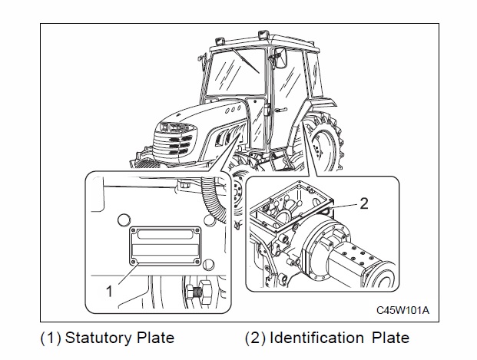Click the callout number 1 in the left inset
coord(109,291)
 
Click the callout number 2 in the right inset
coord(364,203)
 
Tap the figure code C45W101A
coord(402,310)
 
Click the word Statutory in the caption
coord(98,338)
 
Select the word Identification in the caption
coord(316,338)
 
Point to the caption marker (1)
coord(51,338)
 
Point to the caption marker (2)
coord(255,338)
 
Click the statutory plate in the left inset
coord(165,246)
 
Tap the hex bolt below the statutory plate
coord(202,292)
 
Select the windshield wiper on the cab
coord(245,61)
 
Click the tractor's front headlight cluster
coord(174,127)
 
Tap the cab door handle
coord(281,110)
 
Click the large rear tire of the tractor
coord(325,143)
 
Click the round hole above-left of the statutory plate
coord(124,220)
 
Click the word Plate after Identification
coord(391,338)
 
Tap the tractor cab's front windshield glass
coord(236,73)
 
